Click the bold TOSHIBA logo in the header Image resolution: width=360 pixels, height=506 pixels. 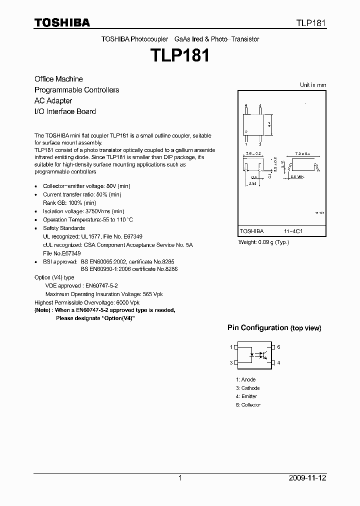click(61, 22)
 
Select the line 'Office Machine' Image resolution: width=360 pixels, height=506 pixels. click(58, 79)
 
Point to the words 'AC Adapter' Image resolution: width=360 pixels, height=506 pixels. click(53, 100)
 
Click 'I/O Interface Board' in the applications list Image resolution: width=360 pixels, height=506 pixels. click(65, 111)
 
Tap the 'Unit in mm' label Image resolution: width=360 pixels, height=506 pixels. click(312, 85)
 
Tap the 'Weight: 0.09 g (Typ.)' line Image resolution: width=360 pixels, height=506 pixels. click(263, 242)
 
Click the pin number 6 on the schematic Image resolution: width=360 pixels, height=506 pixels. click(279, 347)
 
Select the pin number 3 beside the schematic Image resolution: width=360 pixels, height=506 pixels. click(231, 362)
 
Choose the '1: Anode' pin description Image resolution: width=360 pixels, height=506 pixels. click(245, 379)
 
